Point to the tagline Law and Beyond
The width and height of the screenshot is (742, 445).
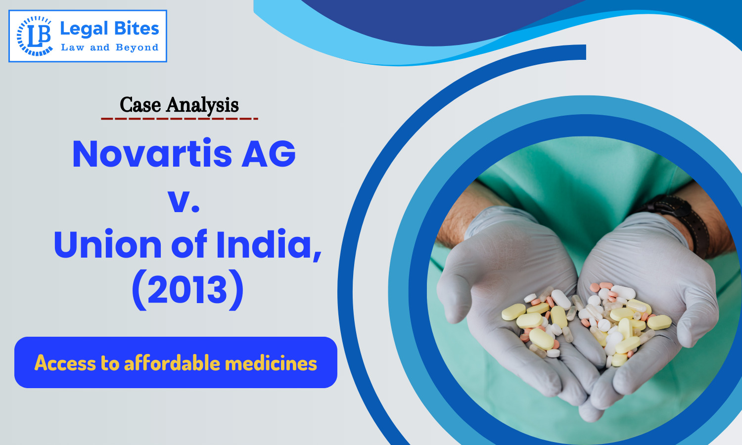tap(109, 47)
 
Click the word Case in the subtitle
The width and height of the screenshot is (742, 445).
tap(140, 105)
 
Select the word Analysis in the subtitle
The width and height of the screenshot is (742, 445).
tap(202, 105)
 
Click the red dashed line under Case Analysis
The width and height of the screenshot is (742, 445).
tap(179, 119)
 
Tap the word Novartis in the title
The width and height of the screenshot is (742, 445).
tap(152, 154)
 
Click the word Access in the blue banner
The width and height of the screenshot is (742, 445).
tap(65, 363)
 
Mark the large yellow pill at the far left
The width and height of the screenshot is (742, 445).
tap(513, 312)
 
